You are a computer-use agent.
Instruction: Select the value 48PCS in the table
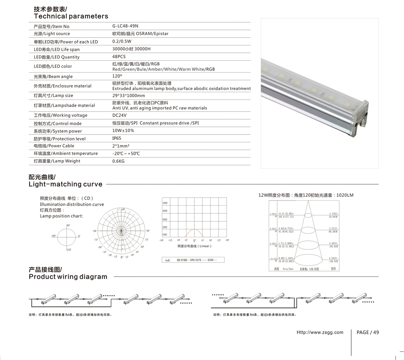click(x=119, y=57)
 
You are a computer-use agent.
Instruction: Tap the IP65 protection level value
click(x=116, y=138)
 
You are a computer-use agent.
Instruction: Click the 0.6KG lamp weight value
click(x=118, y=161)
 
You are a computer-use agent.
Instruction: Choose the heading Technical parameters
click(x=71, y=17)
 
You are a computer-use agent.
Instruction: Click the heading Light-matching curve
click(x=65, y=184)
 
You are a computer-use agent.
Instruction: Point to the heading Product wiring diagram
click(x=68, y=277)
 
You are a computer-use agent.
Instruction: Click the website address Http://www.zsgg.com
click(x=320, y=333)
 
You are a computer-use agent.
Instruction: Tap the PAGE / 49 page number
click(x=368, y=333)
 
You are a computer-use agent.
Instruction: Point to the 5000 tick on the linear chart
click(x=165, y=203)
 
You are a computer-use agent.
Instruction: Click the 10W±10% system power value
click(x=123, y=131)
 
